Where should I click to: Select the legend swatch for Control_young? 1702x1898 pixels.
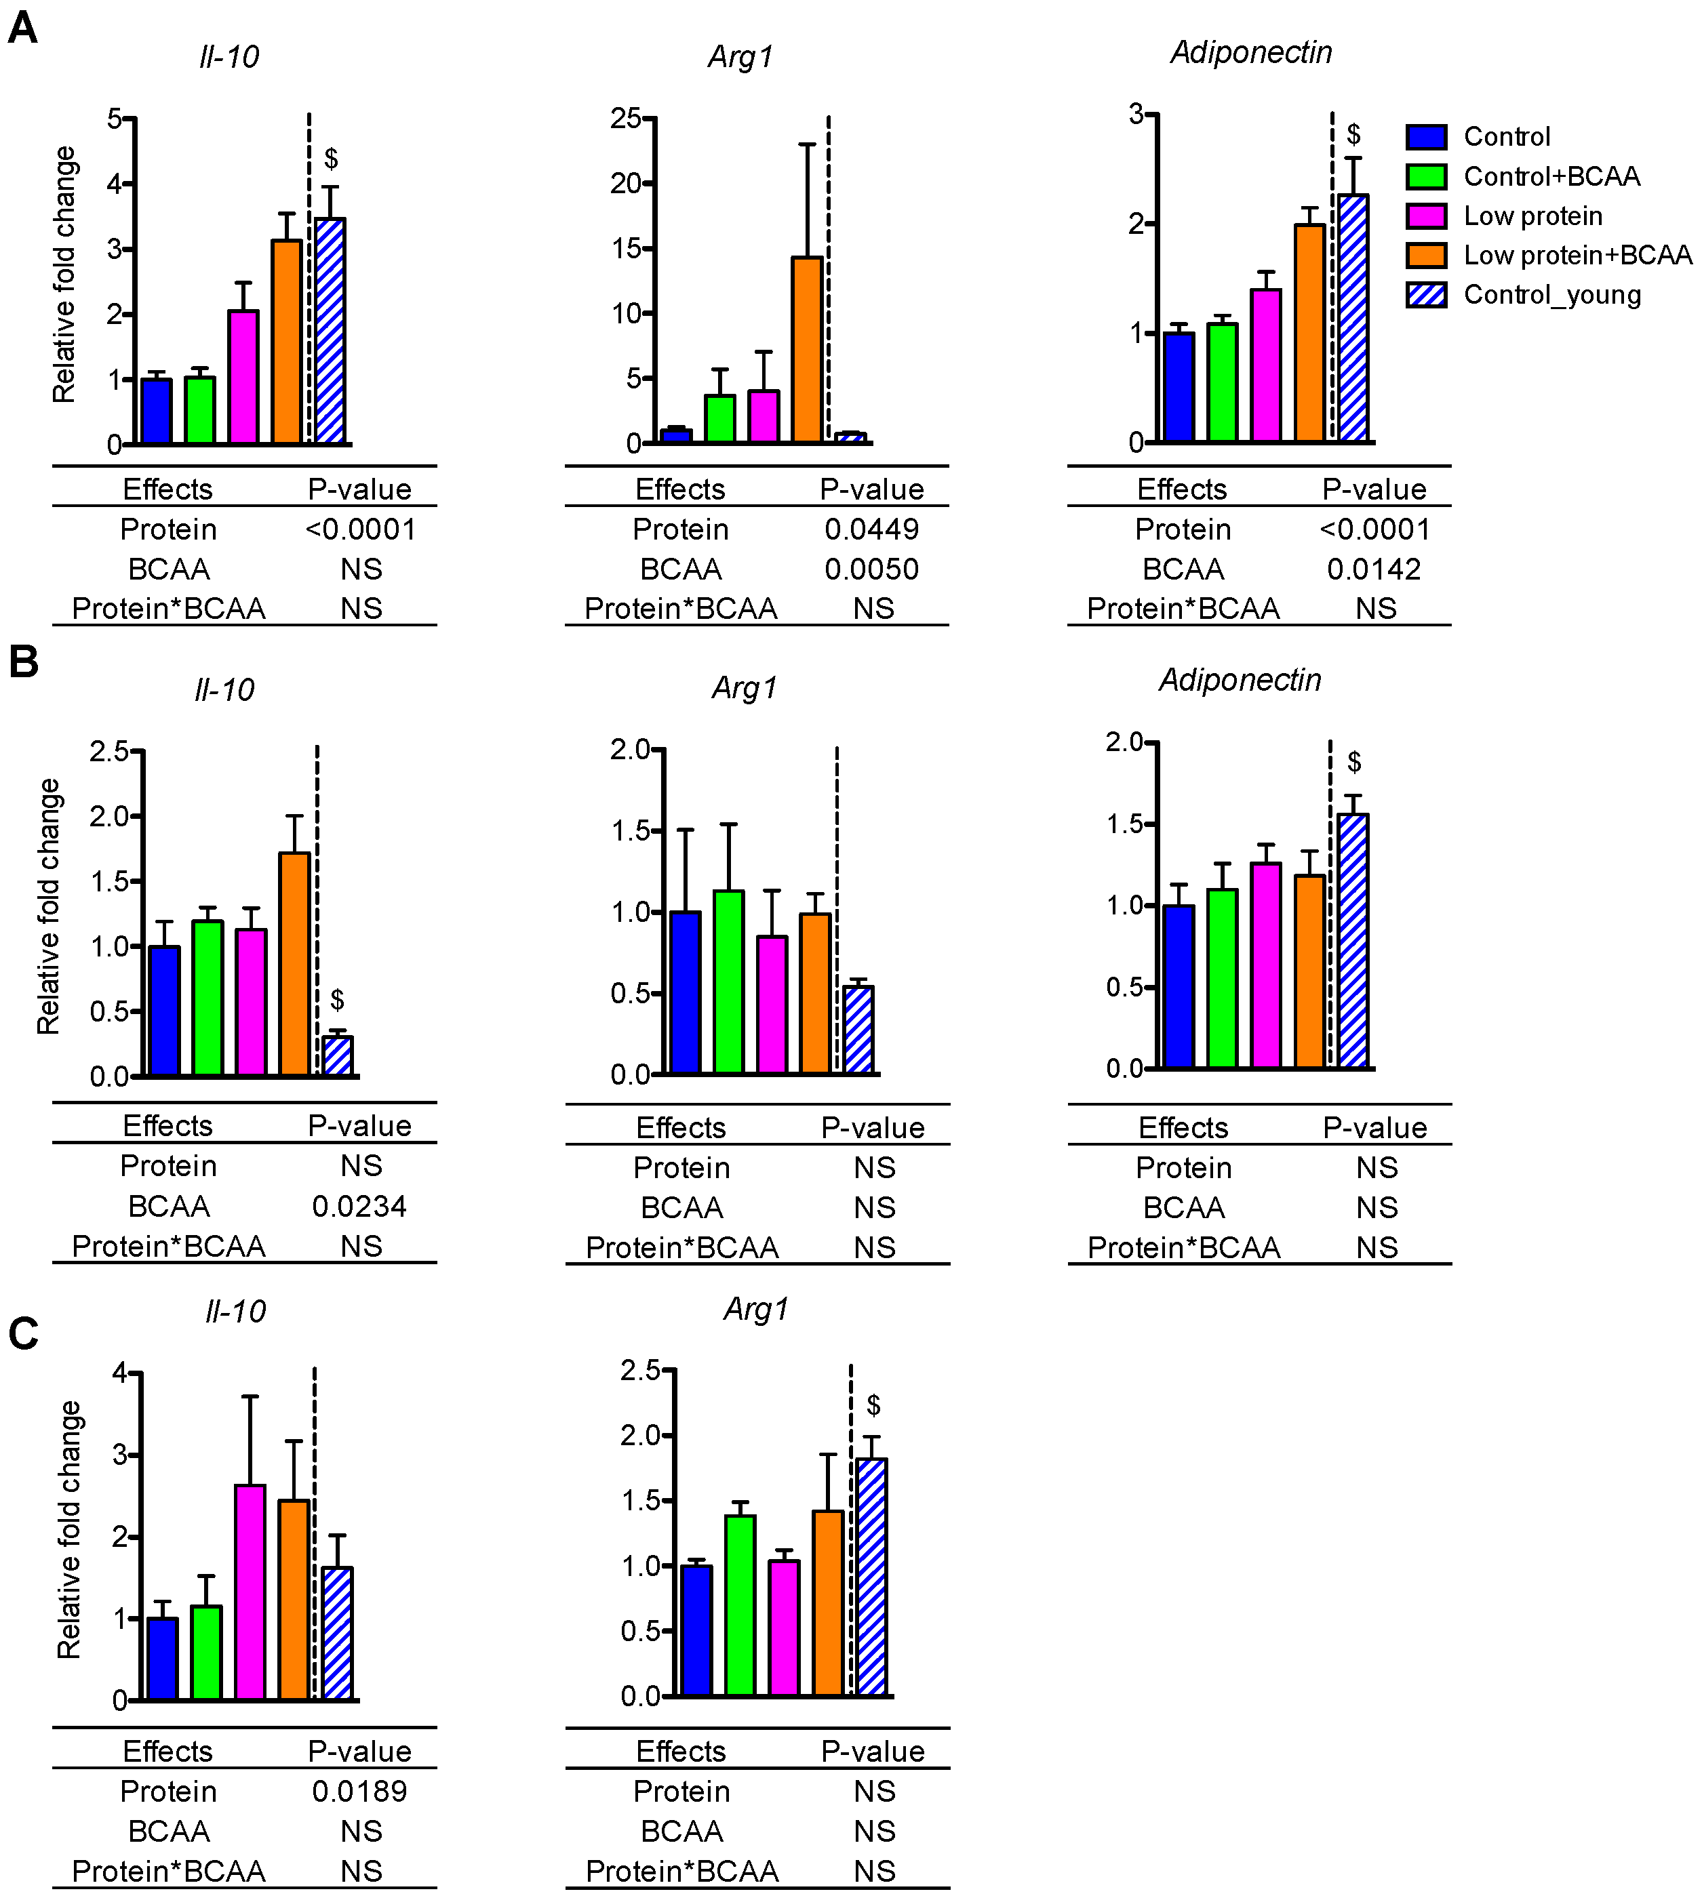pyautogui.click(x=1426, y=294)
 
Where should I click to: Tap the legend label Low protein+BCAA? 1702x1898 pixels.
pyautogui.click(x=1577, y=256)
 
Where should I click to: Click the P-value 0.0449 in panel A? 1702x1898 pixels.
pyautogui.click(x=871, y=529)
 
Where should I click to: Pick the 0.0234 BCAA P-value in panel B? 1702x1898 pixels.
pyautogui.click(x=359, y=1206)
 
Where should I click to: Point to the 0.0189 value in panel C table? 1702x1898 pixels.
pyautogui.click(x=359, y=1790)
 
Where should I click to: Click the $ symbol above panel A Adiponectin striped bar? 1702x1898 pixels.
pyautogui.click(x=1353, y=135)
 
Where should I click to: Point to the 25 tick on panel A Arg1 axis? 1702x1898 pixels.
pyautogui.click(x=626, y=118)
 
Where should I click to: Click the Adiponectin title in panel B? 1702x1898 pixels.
pyautogui.click(x=1240, y=680)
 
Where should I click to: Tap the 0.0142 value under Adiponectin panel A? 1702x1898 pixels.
pyautogui.click(x=1374, y=569)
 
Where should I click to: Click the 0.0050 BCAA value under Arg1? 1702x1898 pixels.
pyautogui.click(x=871, y=569)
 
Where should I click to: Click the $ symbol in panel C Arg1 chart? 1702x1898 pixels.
pyautogui.click(x=873, y=1405)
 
